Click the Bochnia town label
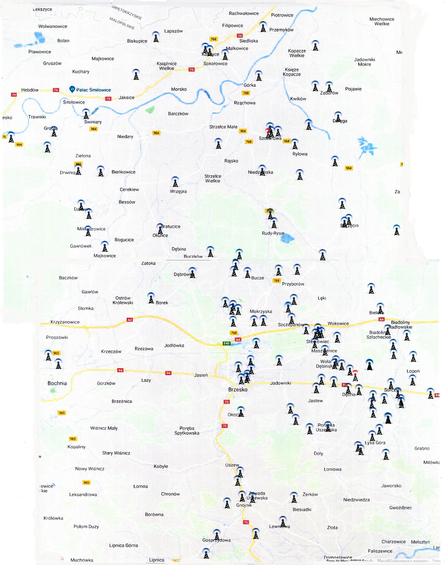[x=57, y=383]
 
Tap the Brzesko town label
[x=238, y=389]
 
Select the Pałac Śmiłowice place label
[x=93, y=90]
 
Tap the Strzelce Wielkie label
[x=213, y=179]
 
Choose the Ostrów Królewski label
[x=123, y=300]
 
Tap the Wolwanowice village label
[x=53, y=26]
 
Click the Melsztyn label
[x=420, y=542]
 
